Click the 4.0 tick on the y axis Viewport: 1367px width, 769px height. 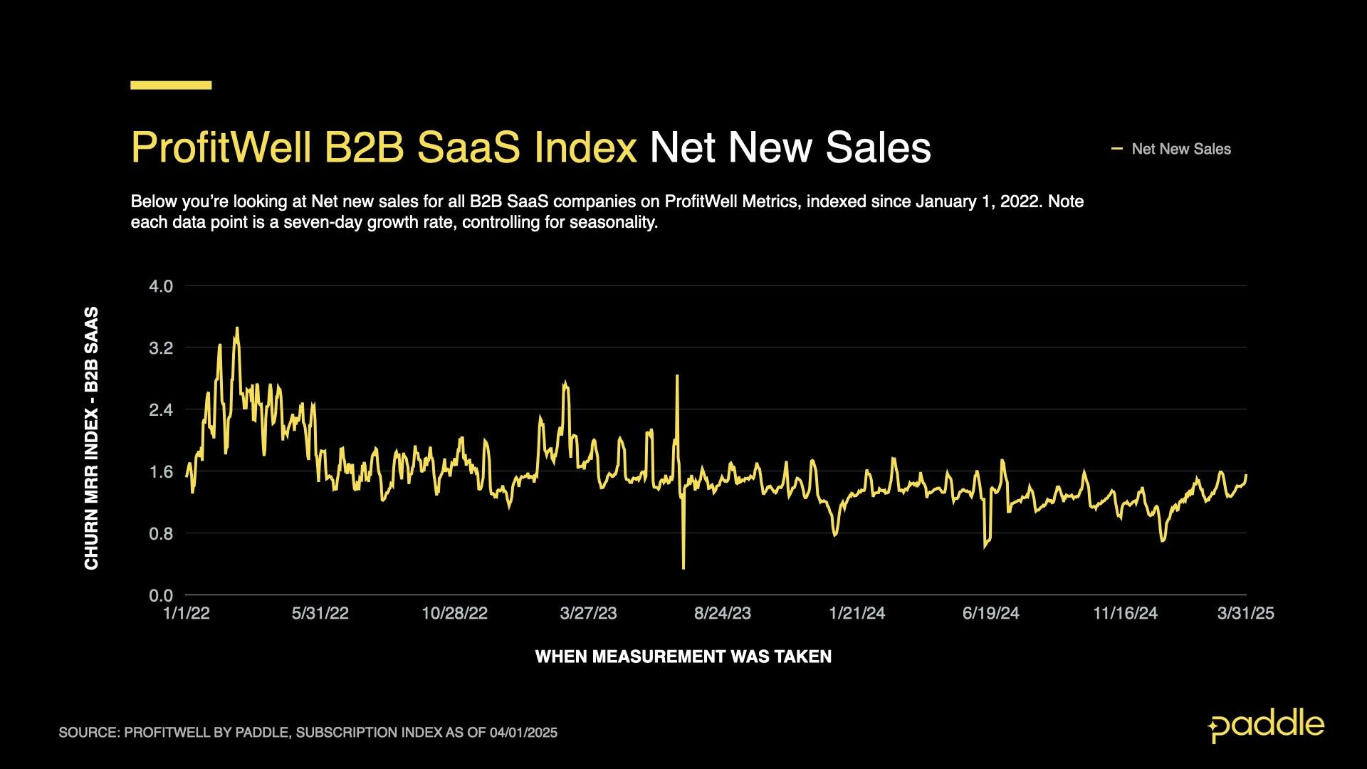[x=161, y=286]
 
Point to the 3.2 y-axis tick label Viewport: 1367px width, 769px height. [x=161, y=348]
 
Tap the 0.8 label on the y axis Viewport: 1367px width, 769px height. [x=161, y=534]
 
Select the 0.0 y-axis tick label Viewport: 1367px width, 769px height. [x=161, y=595]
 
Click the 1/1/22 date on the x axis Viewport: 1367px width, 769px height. [x=187, y=614]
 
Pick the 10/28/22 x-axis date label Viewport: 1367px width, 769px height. [x=454, y=614]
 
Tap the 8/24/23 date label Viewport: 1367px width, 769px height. [x=723, y=614]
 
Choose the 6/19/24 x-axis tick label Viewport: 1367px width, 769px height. [x=990, y=614]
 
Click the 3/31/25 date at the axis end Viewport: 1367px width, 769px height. [x=1245, y=614]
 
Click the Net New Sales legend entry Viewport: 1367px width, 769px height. [x=1180, y=150]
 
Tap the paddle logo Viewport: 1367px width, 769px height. [x=1266, y=726]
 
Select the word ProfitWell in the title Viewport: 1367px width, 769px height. [x=221, y=148]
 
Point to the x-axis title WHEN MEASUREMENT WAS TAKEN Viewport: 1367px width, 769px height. [x=683, y=656]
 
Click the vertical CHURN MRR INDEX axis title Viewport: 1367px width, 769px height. [x=92, y=438]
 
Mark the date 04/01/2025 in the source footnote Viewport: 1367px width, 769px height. [x=523, y=733]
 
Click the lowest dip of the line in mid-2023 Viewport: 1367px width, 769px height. [x=683, y=567]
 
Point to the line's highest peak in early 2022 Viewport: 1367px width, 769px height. [x=237, y=328]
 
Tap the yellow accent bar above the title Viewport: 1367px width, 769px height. [x=171, y=85]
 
